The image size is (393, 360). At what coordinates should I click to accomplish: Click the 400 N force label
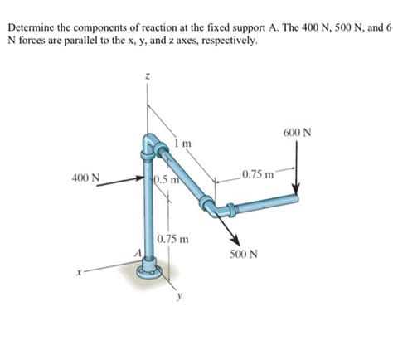[86, 177]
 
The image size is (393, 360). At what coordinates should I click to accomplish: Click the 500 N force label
[244, 254]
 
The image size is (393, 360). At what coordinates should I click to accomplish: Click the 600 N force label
[296, 134]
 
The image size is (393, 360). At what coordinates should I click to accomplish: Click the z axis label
[148, 76]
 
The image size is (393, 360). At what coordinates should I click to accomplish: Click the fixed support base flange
[149, 269]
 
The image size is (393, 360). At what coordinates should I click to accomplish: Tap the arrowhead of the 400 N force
[141, 177]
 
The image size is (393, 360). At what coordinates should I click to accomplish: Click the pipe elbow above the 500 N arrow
[210, 205]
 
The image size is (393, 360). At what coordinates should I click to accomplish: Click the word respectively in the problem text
[226, 41]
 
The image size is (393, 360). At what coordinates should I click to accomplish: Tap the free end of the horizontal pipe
[295, 199]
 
